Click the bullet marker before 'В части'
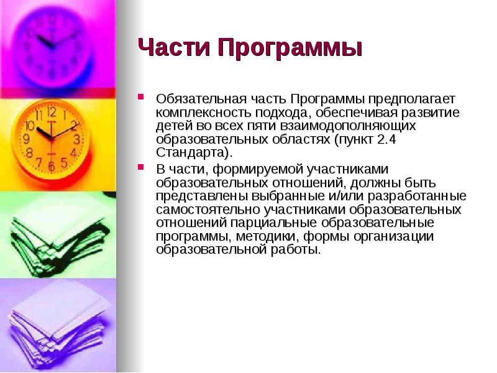pyautogui.click(x=142, y=168)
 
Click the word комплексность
pyautogui.click(x=201, y=113)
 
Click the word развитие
pyautogui.click(x=431, y=113)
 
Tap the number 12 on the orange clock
pyautogui.click(x=51, y=113)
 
